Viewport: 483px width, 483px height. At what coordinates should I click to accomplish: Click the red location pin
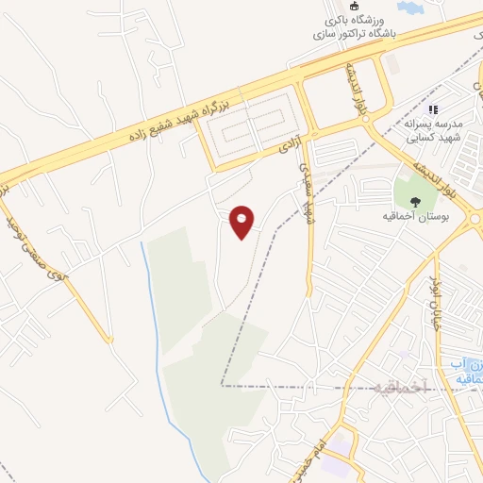(x=243, y=222)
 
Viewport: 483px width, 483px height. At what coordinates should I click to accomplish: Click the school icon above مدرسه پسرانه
(x=435, y=110)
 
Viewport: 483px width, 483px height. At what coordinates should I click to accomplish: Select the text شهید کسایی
(x=435, y=138)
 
